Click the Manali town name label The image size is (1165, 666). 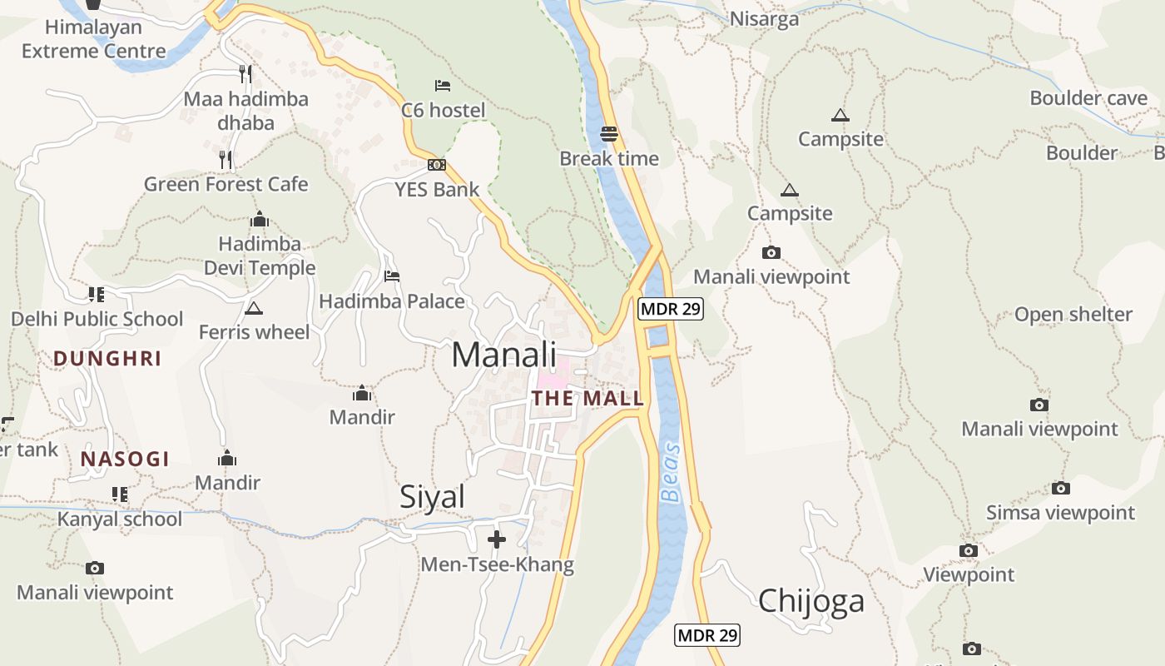503,354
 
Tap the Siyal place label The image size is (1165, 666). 432,496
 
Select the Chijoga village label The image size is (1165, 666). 811,600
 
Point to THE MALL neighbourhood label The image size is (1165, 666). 587,398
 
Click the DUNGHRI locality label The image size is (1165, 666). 107,359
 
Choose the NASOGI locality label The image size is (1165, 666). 125,459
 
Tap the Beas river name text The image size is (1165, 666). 671,473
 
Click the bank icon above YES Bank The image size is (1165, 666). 437,165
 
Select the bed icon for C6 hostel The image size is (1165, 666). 443,85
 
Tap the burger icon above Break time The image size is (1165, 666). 609,133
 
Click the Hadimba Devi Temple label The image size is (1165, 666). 260,256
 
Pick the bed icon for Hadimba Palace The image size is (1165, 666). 392,276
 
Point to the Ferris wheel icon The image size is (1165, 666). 254,309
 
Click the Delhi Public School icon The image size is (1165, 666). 97,294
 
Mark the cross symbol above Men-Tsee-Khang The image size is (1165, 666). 497,539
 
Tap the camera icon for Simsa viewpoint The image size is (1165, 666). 1060,488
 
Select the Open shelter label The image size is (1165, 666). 1073,315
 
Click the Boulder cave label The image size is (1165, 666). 1088,98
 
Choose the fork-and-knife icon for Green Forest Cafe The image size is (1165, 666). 226,159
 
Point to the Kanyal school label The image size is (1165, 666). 120,519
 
